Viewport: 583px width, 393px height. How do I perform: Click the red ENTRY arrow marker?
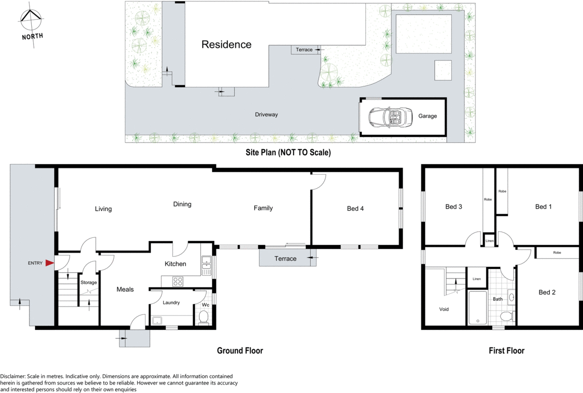tap(50, 263)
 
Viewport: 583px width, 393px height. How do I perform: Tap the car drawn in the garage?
tap(391, 117)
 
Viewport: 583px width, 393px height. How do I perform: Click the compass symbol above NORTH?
tap(31, 19)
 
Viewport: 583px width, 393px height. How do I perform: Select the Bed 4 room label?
tap(355, 208)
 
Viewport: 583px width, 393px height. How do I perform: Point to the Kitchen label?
tap(175, 264)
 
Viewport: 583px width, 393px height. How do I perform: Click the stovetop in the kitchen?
tap(178, 282)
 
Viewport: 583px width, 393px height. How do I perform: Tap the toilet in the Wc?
tap(204, 317)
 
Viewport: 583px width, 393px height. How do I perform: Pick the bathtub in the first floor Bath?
tap(478, 308)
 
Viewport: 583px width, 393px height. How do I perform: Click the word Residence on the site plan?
tap(227, 45)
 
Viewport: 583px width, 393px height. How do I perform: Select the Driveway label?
tap(266, 115)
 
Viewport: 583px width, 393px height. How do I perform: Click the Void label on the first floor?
tap(444, 309)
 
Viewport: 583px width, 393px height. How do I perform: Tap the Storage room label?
tap(89, 282)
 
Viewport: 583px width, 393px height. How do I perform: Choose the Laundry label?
tap(171, 303)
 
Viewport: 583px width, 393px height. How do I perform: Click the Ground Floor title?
tap(240, 351)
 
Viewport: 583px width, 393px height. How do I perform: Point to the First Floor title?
tap(507, 351)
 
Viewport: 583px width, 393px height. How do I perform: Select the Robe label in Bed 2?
tap(557, 252)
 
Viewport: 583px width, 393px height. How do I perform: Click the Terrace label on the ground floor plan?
tap(285, 258)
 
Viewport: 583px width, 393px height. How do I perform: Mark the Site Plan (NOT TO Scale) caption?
tap(288, 153)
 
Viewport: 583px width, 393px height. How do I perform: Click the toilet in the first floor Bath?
tap(506, 317)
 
